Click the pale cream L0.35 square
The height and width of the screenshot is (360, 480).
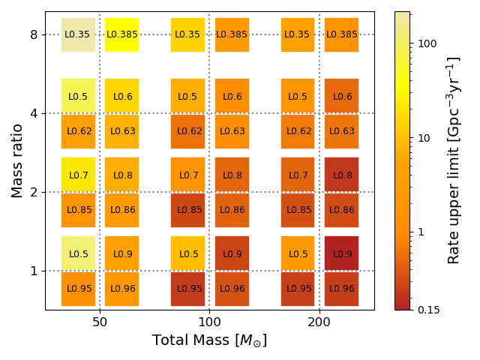click(x=78, y=34)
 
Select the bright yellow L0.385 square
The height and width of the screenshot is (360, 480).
click(x=121, y=34)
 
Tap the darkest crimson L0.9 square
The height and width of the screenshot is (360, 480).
click(x=341, y=253)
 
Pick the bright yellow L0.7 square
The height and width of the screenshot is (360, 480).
click(x=78, y=175)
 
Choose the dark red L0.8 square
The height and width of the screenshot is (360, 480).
click(x=341, y=175)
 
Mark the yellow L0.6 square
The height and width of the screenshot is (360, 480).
click(x=121, y=96)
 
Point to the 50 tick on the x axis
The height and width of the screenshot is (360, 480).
click(x=100, y=323)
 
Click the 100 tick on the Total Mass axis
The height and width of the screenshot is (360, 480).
click(x=209, y=323)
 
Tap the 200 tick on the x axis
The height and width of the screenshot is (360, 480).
click(x=319, y=323)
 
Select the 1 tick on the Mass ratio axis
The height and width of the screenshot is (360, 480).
click(x=34, y=271)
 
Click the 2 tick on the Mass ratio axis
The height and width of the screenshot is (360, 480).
click(x=34, y=192)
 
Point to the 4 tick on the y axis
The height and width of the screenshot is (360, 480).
click(x=34, y=113)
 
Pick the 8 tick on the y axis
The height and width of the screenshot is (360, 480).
click(x=34, y=34)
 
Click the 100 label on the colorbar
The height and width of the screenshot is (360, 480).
click(x=427, y=43)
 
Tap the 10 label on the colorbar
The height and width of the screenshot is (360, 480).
click(x=424, y=138)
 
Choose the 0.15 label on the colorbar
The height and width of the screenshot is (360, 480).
click(x=428, y=310)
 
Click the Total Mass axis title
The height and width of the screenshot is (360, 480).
click(x=209, y=340)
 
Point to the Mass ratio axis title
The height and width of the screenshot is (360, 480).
click(x=16, y=160)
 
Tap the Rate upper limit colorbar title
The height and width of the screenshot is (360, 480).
click(x=454, y=160)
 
